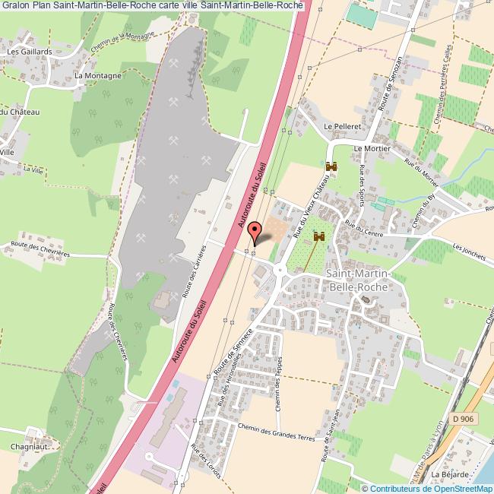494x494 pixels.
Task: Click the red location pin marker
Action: pyautogui.click(x=255, y=230)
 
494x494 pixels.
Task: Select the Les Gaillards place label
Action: pyautogui.click(x=26, y=52)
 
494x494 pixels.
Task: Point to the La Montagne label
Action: pyautogui.click(x=99, y=77)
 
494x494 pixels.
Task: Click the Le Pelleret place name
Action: pyautogui.click(x=340, y=126)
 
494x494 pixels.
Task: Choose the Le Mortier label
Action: pyautogui.click(x=372, y=149)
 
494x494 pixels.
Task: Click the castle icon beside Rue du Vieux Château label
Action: pyautogui.click(x=331, y=166)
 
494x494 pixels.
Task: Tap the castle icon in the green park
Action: pyautogui.click(x=319, y=237)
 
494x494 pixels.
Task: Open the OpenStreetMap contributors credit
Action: pyautogui.click(x=428, y=488)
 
